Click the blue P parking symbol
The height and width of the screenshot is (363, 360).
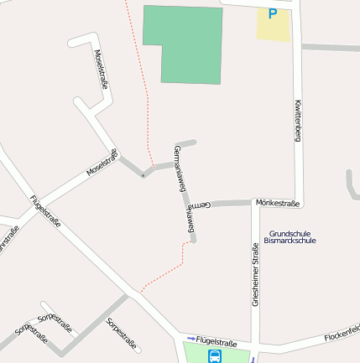coord(272,13)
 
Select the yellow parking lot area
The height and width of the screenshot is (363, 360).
coord(273,25)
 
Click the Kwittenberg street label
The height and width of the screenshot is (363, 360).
coord(298,120)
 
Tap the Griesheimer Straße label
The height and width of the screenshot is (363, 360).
coord(255,274)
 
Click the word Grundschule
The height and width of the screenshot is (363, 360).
coord(290,232)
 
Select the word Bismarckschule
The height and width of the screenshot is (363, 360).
coord(290,241)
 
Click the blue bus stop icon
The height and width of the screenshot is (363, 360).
coord(215,356)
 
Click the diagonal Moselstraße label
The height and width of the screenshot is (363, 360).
coord(102,163)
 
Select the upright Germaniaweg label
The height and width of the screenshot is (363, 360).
coord(179,169)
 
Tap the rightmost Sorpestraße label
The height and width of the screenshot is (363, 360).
coord(121,331)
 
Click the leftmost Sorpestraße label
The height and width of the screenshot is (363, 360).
coord(31,334)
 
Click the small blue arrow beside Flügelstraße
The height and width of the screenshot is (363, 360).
coord(190,339)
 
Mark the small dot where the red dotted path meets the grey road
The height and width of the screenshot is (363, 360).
coord(143,176)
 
